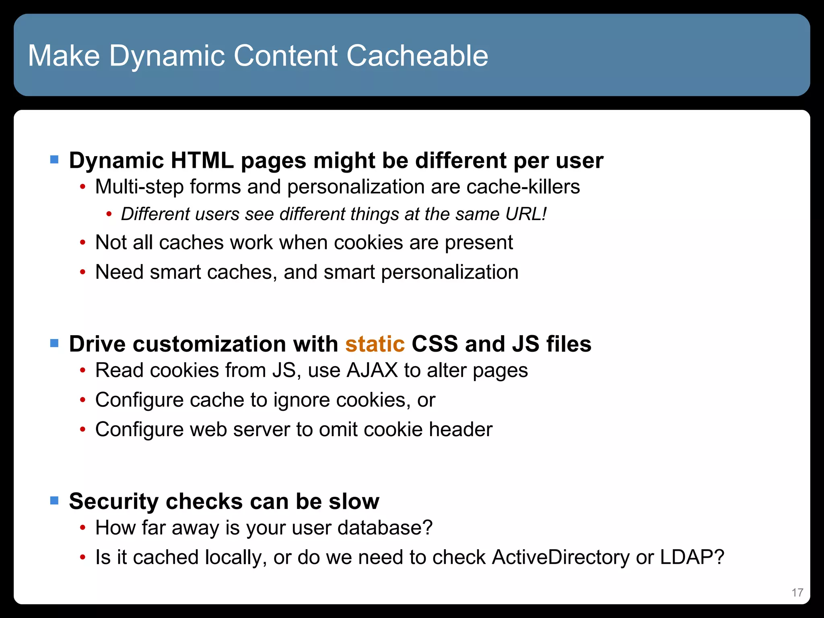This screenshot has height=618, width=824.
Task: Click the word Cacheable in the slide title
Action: tap(417, 56)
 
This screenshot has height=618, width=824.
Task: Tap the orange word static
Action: tap(375, 344)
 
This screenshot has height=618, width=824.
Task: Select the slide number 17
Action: tap(797, 592)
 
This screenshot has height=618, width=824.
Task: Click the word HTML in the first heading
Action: tap(202, 161)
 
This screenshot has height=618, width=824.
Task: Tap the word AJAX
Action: tap(372, 370)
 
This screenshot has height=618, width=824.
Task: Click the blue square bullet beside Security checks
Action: tap(54, 501)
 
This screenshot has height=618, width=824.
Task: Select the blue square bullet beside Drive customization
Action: tap(54, 343)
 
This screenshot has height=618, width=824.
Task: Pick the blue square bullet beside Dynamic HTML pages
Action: tap(54, 160)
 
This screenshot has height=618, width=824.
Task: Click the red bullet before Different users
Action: tap(109, 214)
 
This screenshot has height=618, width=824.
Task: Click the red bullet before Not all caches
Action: tap(82, 243)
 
